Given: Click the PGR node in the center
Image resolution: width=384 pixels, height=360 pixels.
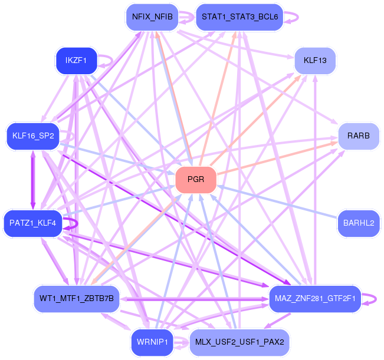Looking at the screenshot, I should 196,180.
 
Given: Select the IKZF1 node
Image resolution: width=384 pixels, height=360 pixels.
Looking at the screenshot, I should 76,60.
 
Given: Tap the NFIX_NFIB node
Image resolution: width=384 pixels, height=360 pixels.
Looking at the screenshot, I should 152,16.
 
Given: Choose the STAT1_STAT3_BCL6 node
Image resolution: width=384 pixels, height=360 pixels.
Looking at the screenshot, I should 239,16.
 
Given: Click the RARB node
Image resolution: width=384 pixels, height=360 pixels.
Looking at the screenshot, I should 358,136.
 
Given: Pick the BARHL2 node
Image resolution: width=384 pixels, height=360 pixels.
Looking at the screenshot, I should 358,223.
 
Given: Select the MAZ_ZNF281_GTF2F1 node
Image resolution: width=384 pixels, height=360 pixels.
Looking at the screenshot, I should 314,299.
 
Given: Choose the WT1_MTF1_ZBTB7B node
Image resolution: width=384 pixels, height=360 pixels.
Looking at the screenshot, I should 77,299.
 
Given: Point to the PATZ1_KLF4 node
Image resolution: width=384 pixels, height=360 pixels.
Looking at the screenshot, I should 33,223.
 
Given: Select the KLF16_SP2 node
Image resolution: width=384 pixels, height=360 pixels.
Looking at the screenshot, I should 33,136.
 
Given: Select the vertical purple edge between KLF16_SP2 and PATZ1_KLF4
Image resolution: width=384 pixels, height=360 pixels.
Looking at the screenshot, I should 32,180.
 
